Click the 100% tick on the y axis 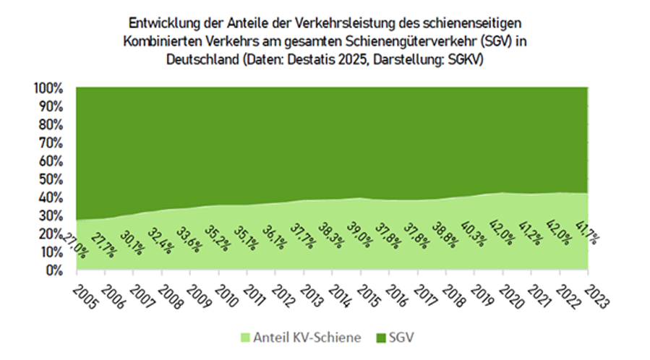[x=50, y=87]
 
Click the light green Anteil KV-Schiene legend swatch [x=246, y=336]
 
